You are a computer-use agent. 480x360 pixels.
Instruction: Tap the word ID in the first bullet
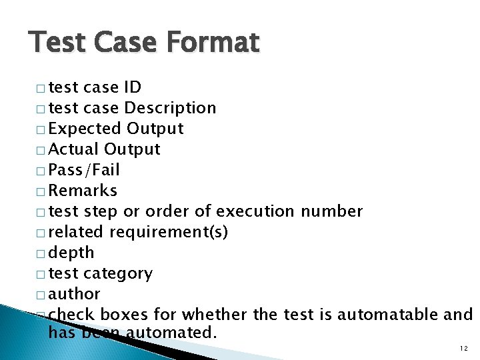[132, 87]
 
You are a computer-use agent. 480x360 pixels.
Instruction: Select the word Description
[170, 108]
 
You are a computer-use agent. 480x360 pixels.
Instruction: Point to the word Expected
[84, 129]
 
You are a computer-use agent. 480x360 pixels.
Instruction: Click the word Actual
[74, 149]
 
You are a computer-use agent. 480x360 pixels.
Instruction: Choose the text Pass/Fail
[84, 170]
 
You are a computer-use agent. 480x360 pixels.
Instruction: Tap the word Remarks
[83, 191]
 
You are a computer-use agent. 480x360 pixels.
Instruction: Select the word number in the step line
[332, 211]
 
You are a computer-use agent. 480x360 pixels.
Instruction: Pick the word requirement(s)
[169, 232]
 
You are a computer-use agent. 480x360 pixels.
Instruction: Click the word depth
[71, 253]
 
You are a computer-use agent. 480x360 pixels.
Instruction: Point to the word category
[119, 273]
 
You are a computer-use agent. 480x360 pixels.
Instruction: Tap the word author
[75, 294]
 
